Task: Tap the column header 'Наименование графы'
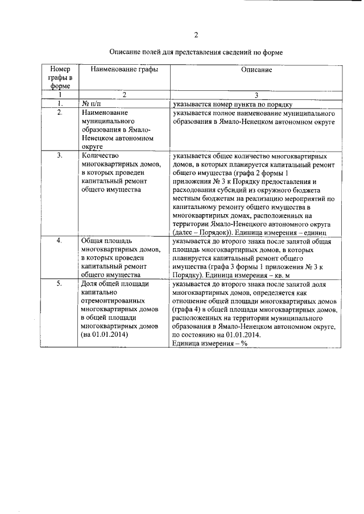pos(120,69)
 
